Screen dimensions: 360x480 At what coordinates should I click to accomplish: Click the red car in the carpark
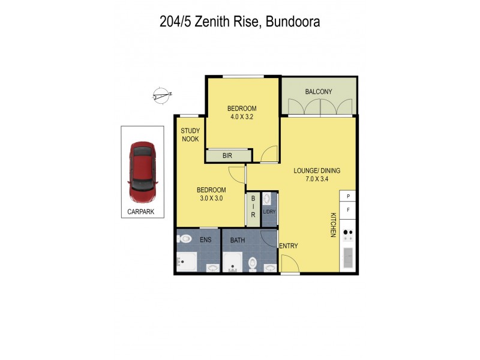(x=142, y=172)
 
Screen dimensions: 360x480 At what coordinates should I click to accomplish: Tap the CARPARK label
(x=142, y=211)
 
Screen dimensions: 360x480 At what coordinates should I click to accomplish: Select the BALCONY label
(x=319, y=92)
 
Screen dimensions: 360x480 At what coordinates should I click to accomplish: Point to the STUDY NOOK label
(x=190, y=135)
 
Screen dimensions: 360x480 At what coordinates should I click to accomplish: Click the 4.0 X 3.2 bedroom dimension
(x=242, y=117)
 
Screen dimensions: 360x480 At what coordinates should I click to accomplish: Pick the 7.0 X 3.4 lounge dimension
(x=317, y=179)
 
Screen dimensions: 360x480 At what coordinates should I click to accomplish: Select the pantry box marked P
(x=348, y=196)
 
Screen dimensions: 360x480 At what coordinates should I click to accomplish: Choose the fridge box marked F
(x=348, y=210)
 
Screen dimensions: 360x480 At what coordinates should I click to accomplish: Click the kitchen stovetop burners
(x=348, y=235)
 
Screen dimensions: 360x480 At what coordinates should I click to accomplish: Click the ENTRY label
(x=289, y=246)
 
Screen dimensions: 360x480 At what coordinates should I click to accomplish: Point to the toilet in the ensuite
(x=183, y=239)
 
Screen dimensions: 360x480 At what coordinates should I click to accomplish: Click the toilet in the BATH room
(x=253, y=262)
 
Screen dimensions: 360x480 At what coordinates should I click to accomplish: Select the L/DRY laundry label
(x=269, y=211)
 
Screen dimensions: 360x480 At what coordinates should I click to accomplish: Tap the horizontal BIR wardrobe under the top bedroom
(x=228, y=155)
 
